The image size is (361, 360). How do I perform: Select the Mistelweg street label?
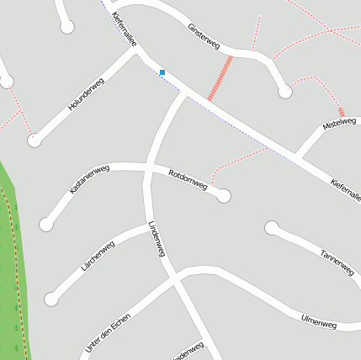tap(340, 124)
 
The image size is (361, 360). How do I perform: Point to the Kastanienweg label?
tap(89, 180)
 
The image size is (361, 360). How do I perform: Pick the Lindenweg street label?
tap(156, 239)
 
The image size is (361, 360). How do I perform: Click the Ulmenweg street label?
tap(318, 323)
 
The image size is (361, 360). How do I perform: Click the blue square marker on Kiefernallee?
tap(162, 72)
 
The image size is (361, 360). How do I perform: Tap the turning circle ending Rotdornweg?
tap(224, 196)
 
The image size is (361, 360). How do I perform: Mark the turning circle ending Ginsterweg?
tap(285, 92)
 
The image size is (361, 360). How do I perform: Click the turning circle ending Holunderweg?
tap(35, 140)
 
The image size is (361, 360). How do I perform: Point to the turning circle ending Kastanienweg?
tap(46, 225)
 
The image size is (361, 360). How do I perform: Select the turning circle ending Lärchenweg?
tap(51, 299)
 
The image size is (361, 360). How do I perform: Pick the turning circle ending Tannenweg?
tap(271, 228)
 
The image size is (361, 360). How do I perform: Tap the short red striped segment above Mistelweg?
tap(341, 112)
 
